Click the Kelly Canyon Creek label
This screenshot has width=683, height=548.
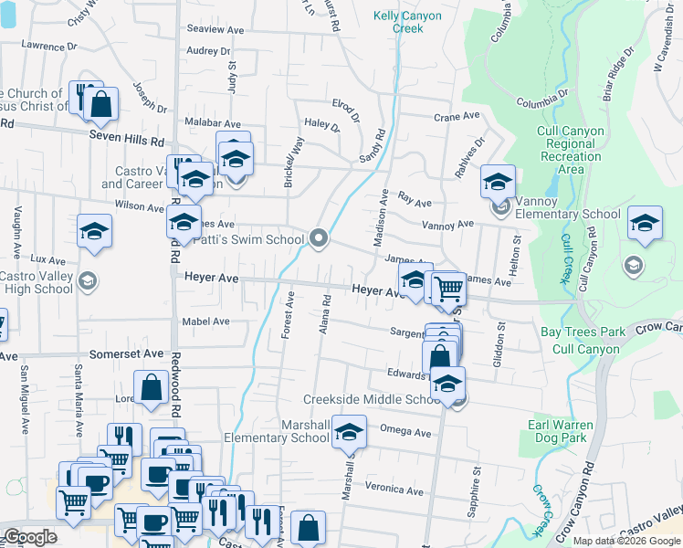(408, 22)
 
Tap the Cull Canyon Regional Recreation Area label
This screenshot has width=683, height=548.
(571, 150)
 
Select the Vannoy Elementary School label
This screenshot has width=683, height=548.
(567, 215)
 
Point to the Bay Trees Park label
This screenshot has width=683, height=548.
(583, 332)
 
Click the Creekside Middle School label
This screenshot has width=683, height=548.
(373, 400)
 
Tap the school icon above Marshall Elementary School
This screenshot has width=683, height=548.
(348, 433)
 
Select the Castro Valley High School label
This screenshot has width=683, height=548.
(37, 283)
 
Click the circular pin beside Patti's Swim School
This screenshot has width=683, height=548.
(319, 239)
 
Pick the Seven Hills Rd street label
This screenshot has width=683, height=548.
(126, 142)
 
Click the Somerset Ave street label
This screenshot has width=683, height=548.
(126, 353)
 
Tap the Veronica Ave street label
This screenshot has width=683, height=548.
(397, 490)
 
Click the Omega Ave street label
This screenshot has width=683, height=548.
(405, 433)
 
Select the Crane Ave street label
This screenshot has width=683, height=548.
(457, 117)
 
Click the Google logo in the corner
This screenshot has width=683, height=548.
(30, 536)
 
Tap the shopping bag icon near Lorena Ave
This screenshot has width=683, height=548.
(150, 387)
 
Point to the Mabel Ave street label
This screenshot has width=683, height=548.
(205, 321)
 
